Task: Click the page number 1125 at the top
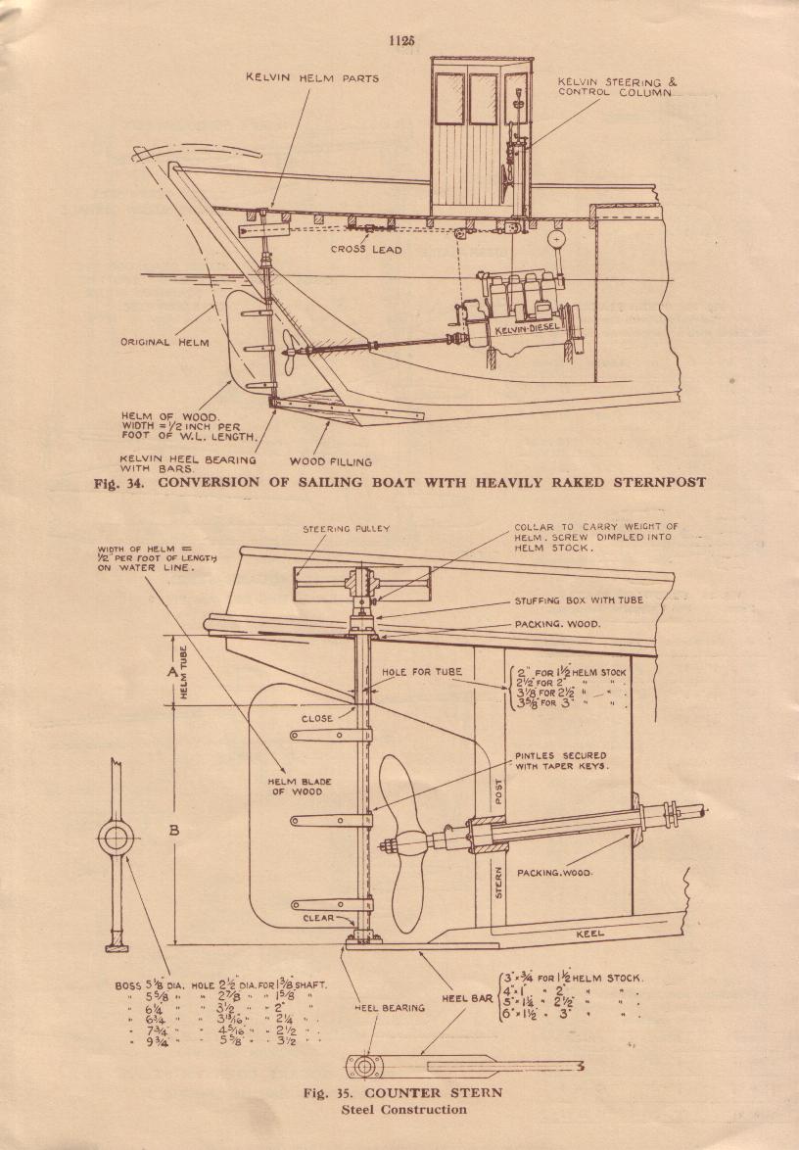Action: point(401,41)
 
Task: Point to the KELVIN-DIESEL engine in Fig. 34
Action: point(519,313)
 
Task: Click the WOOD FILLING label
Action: point(331,461)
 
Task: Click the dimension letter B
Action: point(173,830)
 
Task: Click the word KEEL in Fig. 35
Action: point(589,934)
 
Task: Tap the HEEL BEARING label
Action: point(390,1007)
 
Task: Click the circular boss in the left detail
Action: point(116,838)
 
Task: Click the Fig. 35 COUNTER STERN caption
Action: point(402,1093)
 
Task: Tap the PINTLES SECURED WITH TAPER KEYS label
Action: point(560,762)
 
